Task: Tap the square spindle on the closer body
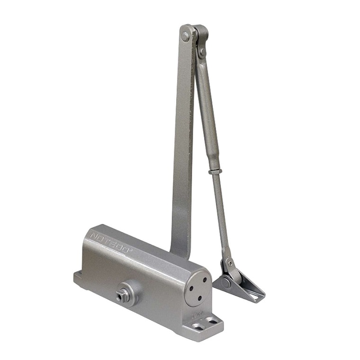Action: pyautogui.click(x=118, y=297)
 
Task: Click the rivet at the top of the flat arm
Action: pyautogui.click(x=185, y=36)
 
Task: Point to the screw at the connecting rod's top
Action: pyautogui.click(x=202, y=51)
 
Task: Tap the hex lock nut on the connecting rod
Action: pyautogui.click(x=215, y=171)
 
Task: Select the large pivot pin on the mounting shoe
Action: pyautogui.click(x=227, y=283)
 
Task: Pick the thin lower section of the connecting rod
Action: pyautogui.click(x=222, y=213)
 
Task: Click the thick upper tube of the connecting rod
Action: pyautogui.click(x=207, y=109)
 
